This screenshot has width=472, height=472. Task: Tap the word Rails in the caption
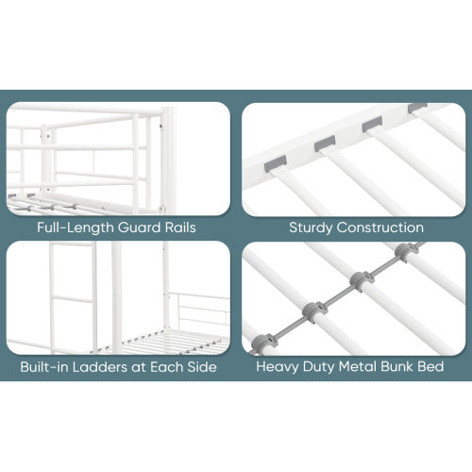(180, 228)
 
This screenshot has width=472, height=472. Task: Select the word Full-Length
(76, 228)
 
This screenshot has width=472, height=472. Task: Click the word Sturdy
(311, 228)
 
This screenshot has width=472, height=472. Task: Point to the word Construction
(379, 228)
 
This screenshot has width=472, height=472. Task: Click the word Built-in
(44, 367)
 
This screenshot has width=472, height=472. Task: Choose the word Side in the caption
(202, 367)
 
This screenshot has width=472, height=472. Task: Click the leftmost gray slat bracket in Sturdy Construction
(276, 163)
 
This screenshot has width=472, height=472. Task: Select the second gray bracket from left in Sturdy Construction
(325, 143)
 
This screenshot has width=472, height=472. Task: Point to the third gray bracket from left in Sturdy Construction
(372, 124)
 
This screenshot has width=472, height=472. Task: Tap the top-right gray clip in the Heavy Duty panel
(406, 252)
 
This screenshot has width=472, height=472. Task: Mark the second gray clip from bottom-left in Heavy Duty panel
(313, 312)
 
